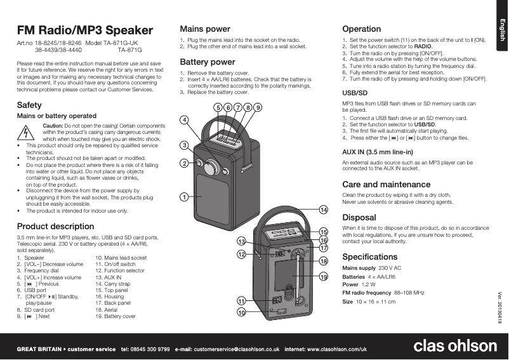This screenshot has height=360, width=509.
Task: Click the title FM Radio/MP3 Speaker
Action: pyautogui.click(x=84, y=30)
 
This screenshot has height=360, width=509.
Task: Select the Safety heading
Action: pyautogui.click(x=29, y=104)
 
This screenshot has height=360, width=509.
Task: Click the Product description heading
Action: pyautogui.click(x=55, y=226)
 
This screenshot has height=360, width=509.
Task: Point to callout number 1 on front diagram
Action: pyautogui.click(x=183, y=197)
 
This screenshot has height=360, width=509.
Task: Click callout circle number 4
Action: pyautogui.click(x=184, y=120)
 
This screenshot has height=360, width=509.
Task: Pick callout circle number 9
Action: pyautogui.click(x=258, y=108)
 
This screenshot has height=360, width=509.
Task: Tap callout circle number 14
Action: pyautogui.click(x=323, y=210)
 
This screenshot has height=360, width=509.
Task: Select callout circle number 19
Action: pyautogui.click(x=323, y=277)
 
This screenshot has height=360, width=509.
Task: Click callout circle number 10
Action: pyautogui.click(x=241, y=312)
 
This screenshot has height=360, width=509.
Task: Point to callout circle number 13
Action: pyautogui.click(x=241, y=242)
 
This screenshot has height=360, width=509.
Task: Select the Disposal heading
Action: pyautogui.click(x=359, y=217)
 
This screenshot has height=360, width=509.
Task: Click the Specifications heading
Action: pyautogui.click(x=370, y=257)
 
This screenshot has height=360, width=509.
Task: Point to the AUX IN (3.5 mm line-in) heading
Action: pyautogui.click(x=378, y=152)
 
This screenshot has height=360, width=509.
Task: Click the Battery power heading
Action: pyautogui.click(x=208, y=62)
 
